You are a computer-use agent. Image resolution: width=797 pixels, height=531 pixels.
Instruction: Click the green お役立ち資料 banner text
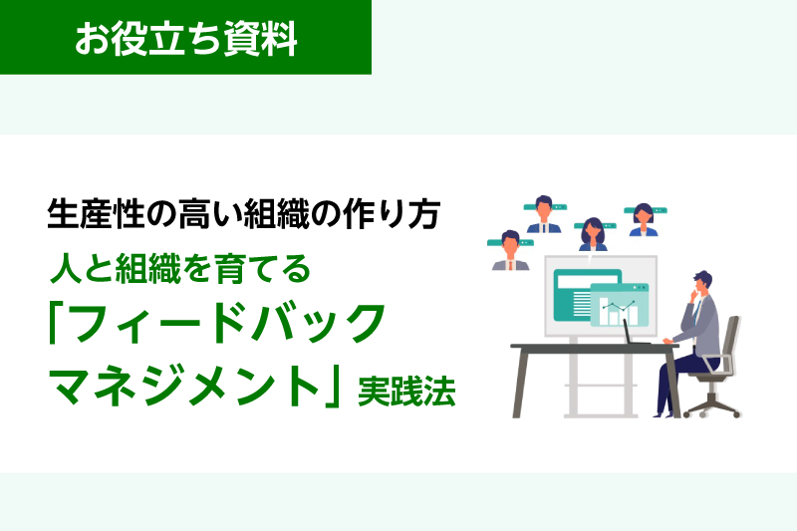pos(186,39)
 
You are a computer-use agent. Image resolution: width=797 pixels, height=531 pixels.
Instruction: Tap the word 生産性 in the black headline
pos(96,213)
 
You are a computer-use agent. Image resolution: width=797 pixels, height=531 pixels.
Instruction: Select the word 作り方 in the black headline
pos(392,213)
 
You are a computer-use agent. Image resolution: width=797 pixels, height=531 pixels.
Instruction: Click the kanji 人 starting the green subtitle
pos(66,268)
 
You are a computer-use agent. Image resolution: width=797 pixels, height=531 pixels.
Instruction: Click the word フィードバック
pos(227,324)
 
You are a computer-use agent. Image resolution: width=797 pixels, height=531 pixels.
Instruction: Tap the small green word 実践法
pos(406,392)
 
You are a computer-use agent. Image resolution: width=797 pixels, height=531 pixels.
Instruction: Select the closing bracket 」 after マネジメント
pos(332,388)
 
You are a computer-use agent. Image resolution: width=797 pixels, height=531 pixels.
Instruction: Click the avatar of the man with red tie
pos(510,250)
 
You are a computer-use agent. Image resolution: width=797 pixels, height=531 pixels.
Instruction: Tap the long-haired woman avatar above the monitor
pos(593,234)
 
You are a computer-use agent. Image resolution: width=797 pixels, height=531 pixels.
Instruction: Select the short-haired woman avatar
pos(644,220)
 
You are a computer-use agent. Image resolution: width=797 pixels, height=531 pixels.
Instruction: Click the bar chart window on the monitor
pos(620,305)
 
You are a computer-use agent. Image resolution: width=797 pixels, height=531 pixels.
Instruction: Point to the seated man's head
pos(703,283)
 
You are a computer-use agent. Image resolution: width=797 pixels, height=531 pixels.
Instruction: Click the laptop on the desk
pos(634,333)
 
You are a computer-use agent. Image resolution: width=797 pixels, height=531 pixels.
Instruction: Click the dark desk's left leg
pos(519,383)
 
